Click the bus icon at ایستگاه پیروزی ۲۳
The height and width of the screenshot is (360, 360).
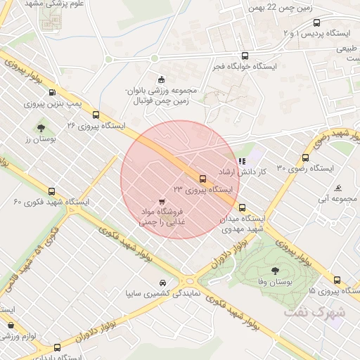202,179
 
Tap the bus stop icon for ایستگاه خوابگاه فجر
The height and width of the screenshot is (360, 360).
245,56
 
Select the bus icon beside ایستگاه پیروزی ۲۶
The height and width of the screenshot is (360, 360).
96,115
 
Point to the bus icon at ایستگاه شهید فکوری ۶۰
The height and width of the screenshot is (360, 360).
51,191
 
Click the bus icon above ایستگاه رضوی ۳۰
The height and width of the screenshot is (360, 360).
305,157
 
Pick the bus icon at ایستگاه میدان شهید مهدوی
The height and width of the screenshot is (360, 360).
243,207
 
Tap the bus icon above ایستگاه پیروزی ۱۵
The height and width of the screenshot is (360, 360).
337,279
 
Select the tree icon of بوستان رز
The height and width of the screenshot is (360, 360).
41,128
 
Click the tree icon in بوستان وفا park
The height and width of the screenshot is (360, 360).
274,270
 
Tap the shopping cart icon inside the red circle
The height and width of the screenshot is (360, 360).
163,201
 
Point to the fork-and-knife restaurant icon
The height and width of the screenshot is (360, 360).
242,161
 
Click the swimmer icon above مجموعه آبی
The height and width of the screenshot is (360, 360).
339,188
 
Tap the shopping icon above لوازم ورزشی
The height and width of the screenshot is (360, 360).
11,326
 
